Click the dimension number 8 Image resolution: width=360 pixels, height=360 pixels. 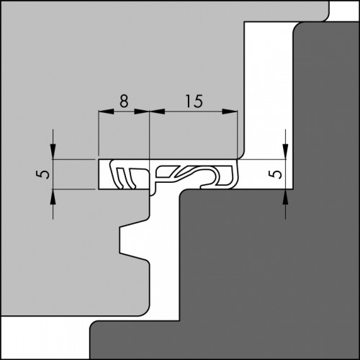click(124, 101)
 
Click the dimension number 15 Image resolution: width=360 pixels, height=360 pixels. click(194, 101)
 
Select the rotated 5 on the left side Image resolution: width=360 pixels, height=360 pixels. click(43, 174)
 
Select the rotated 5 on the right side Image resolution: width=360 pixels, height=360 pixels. click(277, 174)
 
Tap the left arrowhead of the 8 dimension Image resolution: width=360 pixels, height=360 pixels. click(106, 112)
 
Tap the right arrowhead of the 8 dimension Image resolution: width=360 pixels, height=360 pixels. click(142, 112)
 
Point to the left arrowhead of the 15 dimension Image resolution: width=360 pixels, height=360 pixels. click(157, 112)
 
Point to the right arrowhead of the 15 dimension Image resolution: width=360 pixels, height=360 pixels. click(230, 112)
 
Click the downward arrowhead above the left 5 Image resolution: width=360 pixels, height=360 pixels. click(53, 151)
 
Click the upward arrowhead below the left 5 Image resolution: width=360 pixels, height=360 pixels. click(53, 197)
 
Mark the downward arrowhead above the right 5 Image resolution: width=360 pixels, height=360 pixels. click(285, 151)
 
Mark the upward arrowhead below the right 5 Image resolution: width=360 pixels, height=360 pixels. click(285, 197)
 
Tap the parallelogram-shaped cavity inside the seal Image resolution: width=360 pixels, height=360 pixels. click(165, 172)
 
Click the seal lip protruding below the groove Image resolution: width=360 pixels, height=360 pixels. click(153, 191)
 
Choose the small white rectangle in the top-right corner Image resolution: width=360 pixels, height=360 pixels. click(343, 11)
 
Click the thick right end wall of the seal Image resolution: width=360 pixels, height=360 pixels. click(235, 174)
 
